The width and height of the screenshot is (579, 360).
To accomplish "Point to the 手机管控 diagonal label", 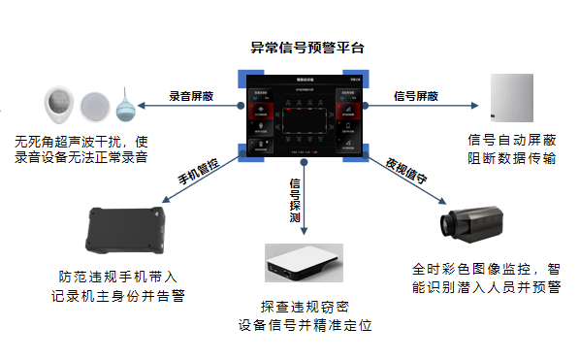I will click(200, 166).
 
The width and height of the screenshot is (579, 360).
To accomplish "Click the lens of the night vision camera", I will click(444, 223).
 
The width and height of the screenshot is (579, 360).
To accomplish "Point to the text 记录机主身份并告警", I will click(129, 292).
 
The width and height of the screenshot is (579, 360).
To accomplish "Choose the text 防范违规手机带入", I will click(129, 275).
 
